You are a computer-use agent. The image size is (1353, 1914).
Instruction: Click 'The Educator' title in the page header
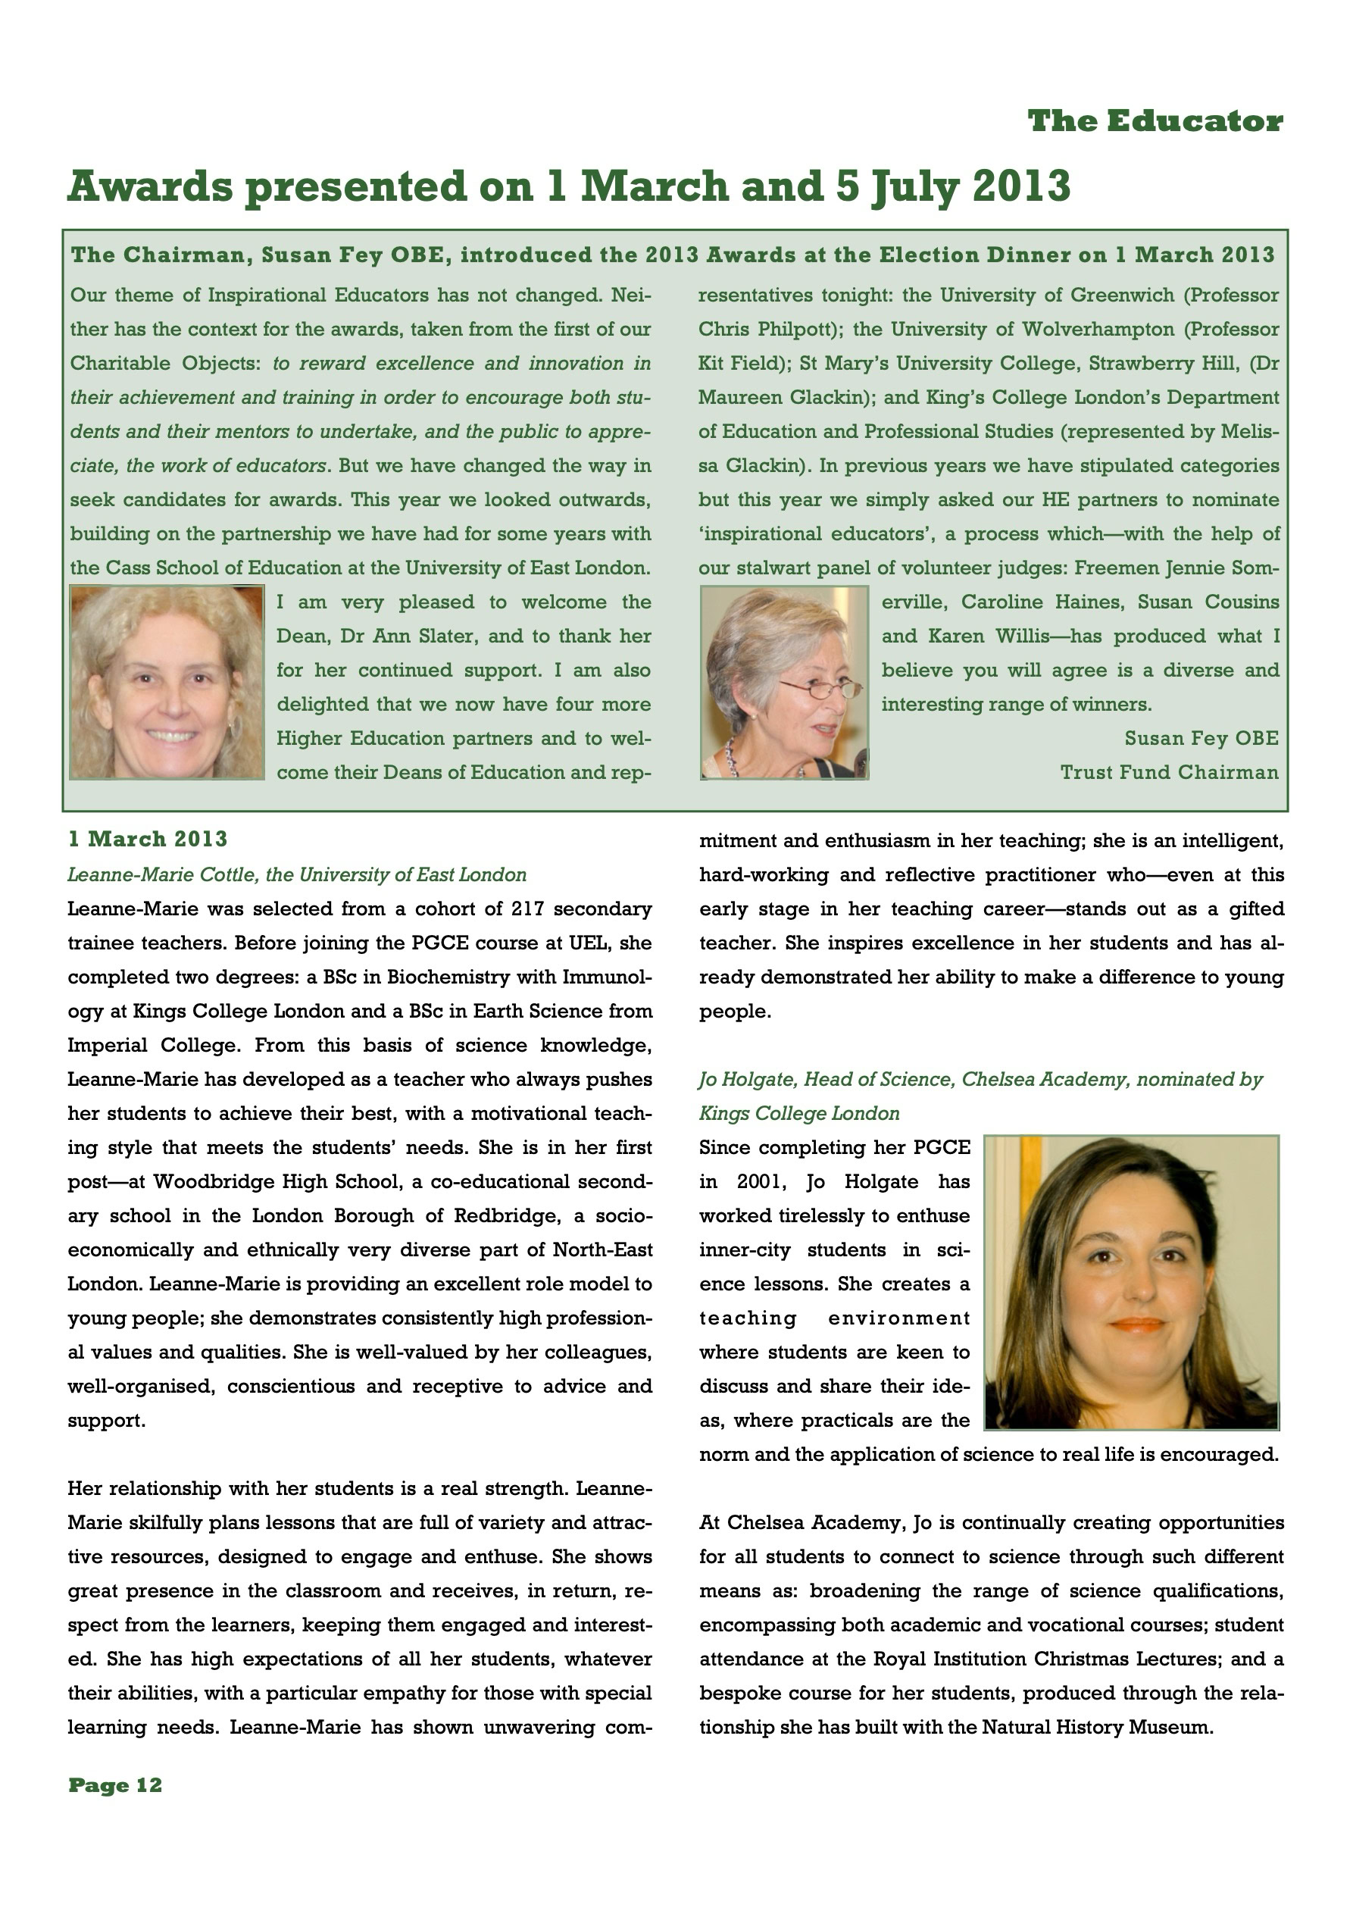coord(1155,122)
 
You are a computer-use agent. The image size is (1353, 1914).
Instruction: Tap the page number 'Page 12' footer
coord(115,1784)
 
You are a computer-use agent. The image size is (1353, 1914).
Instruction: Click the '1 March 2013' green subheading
coord(148,839)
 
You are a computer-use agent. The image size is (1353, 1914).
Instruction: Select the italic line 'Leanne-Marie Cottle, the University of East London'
coord(297,874)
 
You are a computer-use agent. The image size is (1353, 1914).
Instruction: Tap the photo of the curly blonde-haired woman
coord(167,683)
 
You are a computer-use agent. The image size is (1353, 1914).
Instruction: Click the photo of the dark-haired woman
coord(1131,1282)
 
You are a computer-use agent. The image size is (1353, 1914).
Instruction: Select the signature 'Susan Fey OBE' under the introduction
coord(1201,738)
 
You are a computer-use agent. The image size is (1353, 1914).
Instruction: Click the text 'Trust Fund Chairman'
coord(1169,772)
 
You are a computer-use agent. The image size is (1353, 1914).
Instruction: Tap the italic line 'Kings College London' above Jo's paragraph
coord(799,1114)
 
